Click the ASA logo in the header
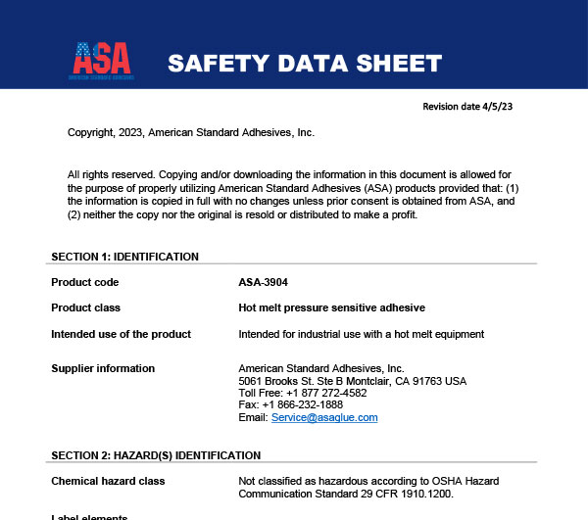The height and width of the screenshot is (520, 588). pyautogui.click(x=102, y=61)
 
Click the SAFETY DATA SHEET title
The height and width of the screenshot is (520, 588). pyautogui.click(x=304, y=65)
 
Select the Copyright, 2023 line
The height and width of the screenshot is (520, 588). pyautogui.click(x=190, y=132)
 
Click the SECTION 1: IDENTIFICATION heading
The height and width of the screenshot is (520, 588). pyautogui.click(x=124, y=257)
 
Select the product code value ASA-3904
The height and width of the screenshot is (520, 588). pyautogui.click(x=264, y=282)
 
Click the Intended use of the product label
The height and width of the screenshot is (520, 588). pyautogui.click(x=121, y=334)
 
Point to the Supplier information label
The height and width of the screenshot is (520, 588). pyautogui.click(x=103, y=368)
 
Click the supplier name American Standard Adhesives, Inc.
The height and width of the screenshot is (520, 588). pyautogui.click(x=320, y=368)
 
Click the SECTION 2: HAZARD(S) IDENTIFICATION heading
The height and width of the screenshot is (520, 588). pyautogui.click(x=156, y=455)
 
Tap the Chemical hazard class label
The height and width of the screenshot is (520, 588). pyautogui.click(x=108, y=481)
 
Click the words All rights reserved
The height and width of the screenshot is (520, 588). pyautogui.click(x=106, y=171)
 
